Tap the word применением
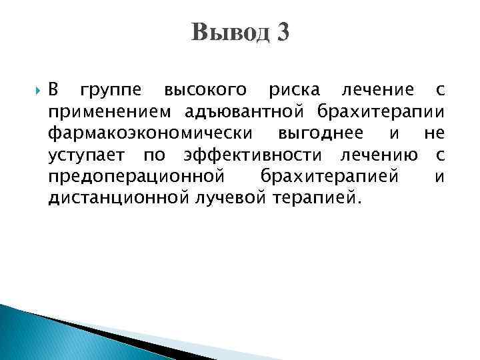[106, 112]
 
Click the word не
[433, 134]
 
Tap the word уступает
[88, 155]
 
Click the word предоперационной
[135, 177]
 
